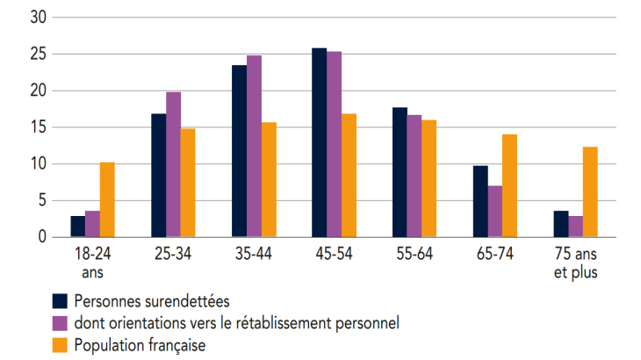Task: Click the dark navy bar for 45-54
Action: tap(320, 142)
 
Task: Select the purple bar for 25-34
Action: tap(173, 164)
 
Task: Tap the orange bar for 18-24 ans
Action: tap(107, 199)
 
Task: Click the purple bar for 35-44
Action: tap(254, 146)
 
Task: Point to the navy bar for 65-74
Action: tap(480, 201)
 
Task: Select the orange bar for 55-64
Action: tap(429, 178)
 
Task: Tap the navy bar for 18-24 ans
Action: tap(78, 227)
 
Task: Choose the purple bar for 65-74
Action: tap(495, 211)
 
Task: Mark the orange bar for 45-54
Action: tap(349, 175)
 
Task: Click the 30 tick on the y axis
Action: tap(38, 18)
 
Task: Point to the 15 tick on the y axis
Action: tap(38, 127)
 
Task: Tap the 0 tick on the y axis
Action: tap(41, 237)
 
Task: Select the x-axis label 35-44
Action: tap(254, 253)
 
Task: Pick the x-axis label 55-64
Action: tap(414, 253)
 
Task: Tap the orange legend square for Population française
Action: tap(61, 345)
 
